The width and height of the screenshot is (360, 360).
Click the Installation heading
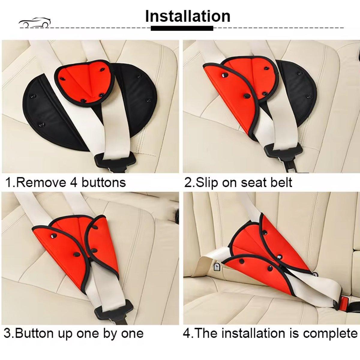coord(187,16)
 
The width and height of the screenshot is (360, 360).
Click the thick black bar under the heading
coord(182,28)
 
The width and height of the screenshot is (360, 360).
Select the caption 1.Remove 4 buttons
coord(66,182)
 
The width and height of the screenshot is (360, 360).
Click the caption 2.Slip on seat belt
coord(238,182)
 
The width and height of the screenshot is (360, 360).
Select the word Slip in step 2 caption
coord(206,182)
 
